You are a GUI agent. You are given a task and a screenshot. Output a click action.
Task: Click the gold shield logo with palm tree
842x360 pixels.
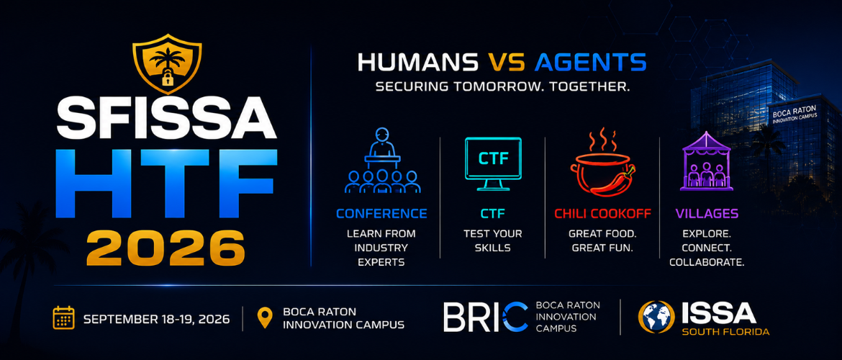(x=167, y=63)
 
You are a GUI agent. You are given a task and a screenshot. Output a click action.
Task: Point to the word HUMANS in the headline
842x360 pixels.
(x=417, y=62)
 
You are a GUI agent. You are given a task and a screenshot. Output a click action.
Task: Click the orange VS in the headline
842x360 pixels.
(x=506, y=62)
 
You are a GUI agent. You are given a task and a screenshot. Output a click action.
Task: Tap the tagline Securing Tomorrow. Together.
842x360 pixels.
(x=502, y=86)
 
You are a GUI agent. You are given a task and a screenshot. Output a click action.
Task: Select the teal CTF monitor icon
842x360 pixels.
(x=493, y=163)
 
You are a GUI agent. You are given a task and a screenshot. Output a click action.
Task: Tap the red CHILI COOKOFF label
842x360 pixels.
(x=602, y=214)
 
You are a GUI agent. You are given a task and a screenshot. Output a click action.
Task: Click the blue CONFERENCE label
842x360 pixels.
(x=382, y=214)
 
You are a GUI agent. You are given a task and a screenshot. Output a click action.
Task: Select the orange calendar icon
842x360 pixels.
(x=64, y=318)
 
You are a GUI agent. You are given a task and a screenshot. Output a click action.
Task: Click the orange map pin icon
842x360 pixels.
(x=265, y=318)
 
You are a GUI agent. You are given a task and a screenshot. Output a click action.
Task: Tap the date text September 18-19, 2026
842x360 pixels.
(x=157, y=319)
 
